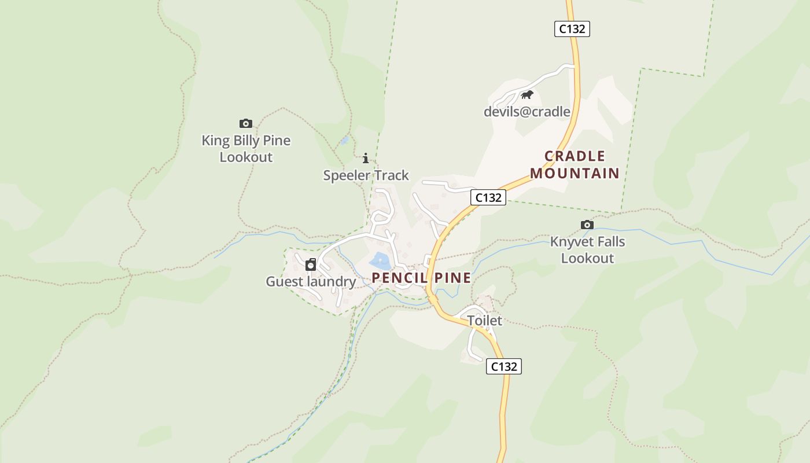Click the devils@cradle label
(x=526, y=112)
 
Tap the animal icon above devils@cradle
(x=526, y=95)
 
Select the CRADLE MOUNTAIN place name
(x=575, y=164)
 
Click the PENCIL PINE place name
(x=421, y=278)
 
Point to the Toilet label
(x=484, y=321)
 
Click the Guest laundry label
(x=311, y=282)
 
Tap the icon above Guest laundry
(x=311, y=265)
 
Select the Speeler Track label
(x=366, y=175)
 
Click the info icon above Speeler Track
(x=365, y=158)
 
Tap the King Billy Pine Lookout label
(x=246, y=149)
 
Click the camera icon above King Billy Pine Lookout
(x=246, y=123)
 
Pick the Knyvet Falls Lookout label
(x=587, y=250)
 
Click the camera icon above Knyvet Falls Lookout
(x=587, y=225)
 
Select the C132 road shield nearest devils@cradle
(x=572, y=29)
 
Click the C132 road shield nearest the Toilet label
(x=503, y=366)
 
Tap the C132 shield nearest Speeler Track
(x=488, y=197)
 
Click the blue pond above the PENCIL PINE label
(x=379, y=260)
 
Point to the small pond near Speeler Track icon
(x=345, y=140)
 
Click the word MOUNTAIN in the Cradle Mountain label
(x=575, y=173)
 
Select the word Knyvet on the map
(x=569, y=242)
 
